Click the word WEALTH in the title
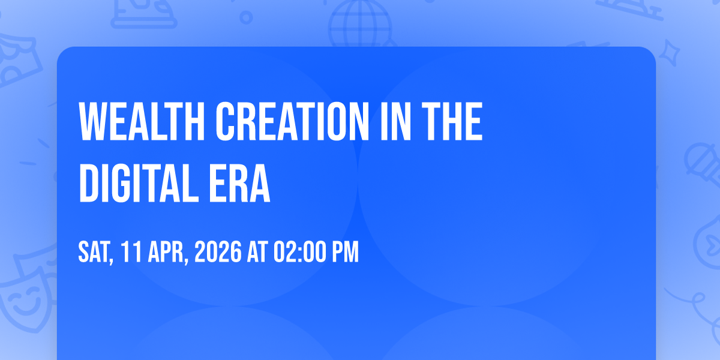tap(142, 121)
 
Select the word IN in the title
tap(395, 121)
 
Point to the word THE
tap(452, 121)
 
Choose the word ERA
tap(239, 183)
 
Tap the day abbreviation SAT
tap(96, 253)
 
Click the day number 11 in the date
tap(131, 252)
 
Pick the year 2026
tap(218, 252)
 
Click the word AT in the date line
tap(257, 252)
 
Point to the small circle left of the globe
tap(246, 17)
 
